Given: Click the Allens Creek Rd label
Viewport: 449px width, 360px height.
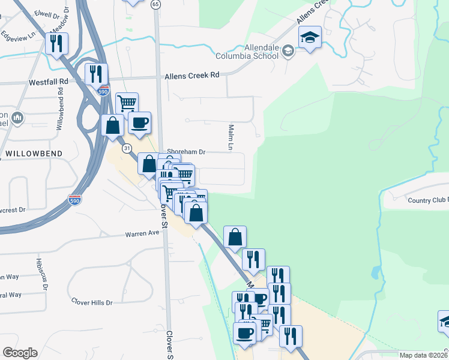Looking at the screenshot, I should click(193, 76).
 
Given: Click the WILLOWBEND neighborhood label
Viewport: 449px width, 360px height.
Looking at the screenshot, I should click(30, 154).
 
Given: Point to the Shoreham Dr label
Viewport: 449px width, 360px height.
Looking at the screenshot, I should click(186, 152).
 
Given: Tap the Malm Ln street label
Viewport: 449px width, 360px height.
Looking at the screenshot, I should click(231, 137).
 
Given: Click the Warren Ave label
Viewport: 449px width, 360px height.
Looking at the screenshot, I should click(142, 234).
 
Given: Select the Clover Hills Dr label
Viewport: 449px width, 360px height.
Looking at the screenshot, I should click(92, 302).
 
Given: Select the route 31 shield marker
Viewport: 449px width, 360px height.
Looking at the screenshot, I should click(126, 147).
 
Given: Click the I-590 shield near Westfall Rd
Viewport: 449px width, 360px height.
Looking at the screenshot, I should click(103, 91).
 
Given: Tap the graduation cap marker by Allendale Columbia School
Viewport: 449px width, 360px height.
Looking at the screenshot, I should click(310, 38).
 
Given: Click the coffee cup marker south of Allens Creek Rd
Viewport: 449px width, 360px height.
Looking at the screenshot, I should click(139, 124).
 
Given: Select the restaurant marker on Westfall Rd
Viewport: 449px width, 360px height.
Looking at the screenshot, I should click(95, 74).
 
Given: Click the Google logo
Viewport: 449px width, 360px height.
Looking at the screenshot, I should click(20, 353).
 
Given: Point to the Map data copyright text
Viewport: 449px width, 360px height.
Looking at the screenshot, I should click(424, 355).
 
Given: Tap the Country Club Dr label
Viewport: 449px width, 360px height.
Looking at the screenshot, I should click(427, 200).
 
